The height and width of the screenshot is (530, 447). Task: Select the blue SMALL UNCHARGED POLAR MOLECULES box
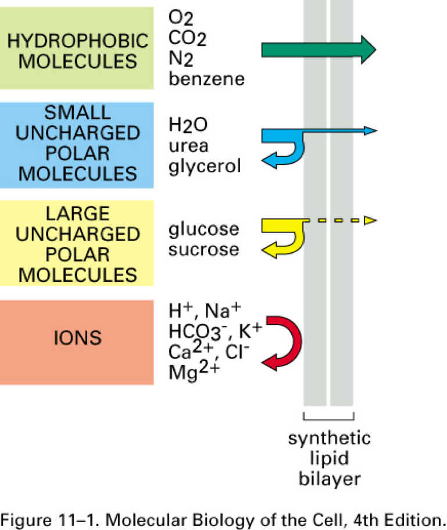point(77,145)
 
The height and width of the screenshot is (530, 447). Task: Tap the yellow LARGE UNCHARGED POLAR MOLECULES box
point(77,242)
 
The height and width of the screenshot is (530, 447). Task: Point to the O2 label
point(180,18)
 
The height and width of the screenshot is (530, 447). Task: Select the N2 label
point(180,59)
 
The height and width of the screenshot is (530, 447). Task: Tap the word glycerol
point(203,167)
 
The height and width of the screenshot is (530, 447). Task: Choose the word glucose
point(203,229)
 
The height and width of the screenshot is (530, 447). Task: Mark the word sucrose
point(203,249)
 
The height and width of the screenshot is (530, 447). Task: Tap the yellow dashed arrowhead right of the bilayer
point(371,220)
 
